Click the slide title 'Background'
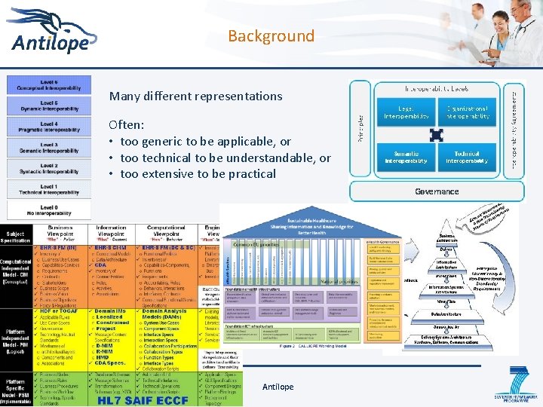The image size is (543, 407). pyautogui.click(x=271, y=36)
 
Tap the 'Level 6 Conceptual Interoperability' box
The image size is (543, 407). pyautogui.click(x=48, y=84)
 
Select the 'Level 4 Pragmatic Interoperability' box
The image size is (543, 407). pyautogui.click(x=48, y=126)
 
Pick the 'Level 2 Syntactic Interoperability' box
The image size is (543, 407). pyautogui.click(x=48, y=167)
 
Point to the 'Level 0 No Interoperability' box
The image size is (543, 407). pyautogui.click(x=48, y=209)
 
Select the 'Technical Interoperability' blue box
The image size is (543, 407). pyautogui.click(x=467, y=158)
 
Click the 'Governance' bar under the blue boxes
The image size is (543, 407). pyautogui.click(x=437, y=191)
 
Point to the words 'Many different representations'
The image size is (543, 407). pyautogui.click(x=195, y=96)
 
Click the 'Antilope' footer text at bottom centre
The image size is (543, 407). pyautogui.click(x=278, y=387)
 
